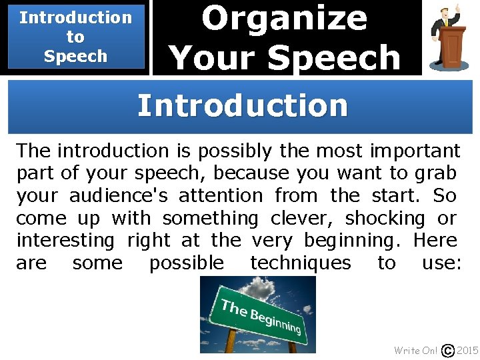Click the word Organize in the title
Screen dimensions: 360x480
point(285,19)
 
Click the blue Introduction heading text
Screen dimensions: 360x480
point(242,106)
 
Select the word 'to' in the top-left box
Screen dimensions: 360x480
point(75,37)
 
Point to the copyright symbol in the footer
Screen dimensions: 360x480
point(449,350)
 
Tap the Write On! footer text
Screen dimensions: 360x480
point(416,350)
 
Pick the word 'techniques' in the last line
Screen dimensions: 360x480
point(301,263)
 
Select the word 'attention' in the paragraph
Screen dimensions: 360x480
point(226,195)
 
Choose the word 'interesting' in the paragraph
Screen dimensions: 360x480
point(65,240)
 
